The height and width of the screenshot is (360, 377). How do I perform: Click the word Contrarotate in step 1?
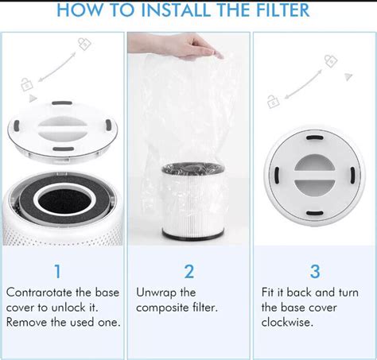[x=40, y=292]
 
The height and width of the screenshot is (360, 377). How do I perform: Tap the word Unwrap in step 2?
[x=155, y=292]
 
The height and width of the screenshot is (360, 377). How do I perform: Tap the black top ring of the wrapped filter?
[x=188, y=169]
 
